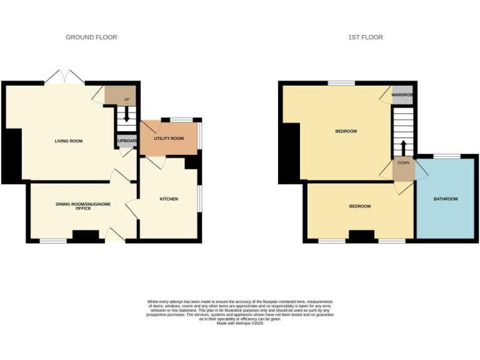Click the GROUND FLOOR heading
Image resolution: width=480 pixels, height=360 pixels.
click(x=91, y=37)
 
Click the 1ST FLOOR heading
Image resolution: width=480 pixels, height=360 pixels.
click(x=365, y=37)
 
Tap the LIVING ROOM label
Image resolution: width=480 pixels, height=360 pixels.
click(x=68, y=141)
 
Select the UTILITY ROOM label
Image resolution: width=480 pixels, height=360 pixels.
click(x=169, y=138)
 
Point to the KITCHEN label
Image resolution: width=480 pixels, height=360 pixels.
click(x=169, y=199)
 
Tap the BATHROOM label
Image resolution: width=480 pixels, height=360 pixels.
click(x=446, y=199)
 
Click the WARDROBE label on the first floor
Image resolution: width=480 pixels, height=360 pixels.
click(x=402, y=95)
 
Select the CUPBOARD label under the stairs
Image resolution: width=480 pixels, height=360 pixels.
click(x=127, y=141)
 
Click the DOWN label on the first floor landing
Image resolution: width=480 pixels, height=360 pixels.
click(x=402, y=162)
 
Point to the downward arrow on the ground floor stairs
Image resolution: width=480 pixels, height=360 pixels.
click(x=127, y=115)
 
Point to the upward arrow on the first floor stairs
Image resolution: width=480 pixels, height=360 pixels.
click(x=402, y=148)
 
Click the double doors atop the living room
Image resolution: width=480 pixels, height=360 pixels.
click(x=64, y=77)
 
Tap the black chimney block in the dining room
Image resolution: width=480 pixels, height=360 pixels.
click(x=86, y=236)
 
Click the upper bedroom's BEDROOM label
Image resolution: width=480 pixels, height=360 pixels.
click(x=346, y=131)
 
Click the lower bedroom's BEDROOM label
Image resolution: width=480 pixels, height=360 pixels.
click(x=359, y=206)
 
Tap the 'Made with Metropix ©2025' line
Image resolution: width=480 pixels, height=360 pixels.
click(x=240, y=323)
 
